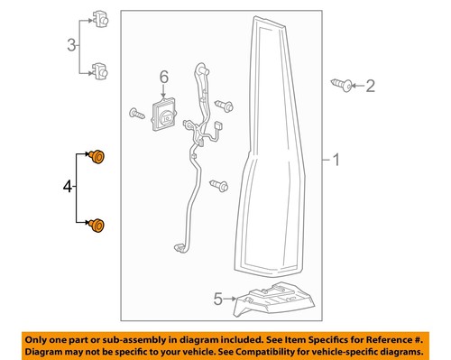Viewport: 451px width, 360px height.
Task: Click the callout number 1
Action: click(x=336, y=162)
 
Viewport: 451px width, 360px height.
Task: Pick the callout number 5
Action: click(x=217, y=299)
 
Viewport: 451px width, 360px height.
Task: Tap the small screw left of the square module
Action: click(x=136, y=114)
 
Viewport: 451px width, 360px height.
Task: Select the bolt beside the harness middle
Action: click(x=216, y=186)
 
